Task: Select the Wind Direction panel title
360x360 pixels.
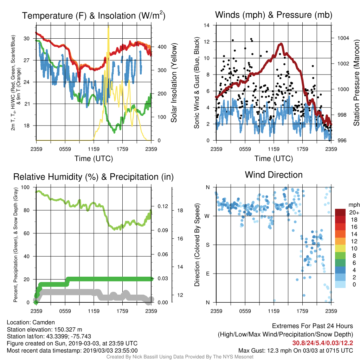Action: click(x=274, y=175)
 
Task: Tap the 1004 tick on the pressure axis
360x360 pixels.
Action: click(x=343, y=38)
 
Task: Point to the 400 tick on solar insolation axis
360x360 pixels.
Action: click(x=162, y=47)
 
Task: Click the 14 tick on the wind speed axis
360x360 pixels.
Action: click(x=207, y=25)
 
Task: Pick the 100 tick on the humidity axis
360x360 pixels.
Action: click(x=25, y=187)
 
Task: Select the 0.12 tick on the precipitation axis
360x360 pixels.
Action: click(x=163, y=206)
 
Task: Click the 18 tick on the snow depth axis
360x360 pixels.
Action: click(x=180, y=211)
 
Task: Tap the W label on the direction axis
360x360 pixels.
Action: click(x=207, y=216)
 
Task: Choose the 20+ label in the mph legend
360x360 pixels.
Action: click(x=354, y=213)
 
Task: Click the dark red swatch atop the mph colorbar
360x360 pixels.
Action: click(x=340, y=212)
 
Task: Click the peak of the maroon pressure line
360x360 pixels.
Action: click(x=281, y=44)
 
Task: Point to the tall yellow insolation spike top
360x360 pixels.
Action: click(x=108, y=26)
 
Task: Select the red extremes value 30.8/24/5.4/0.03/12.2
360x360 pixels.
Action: click(x=323, y=343)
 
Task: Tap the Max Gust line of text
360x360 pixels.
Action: click(x=295, y=351)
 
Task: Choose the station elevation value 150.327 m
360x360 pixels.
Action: click(x=68, y=329)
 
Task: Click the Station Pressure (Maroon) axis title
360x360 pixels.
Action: click(x=356, y=83)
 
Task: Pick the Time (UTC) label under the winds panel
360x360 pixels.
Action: click(x=274, y=159)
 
